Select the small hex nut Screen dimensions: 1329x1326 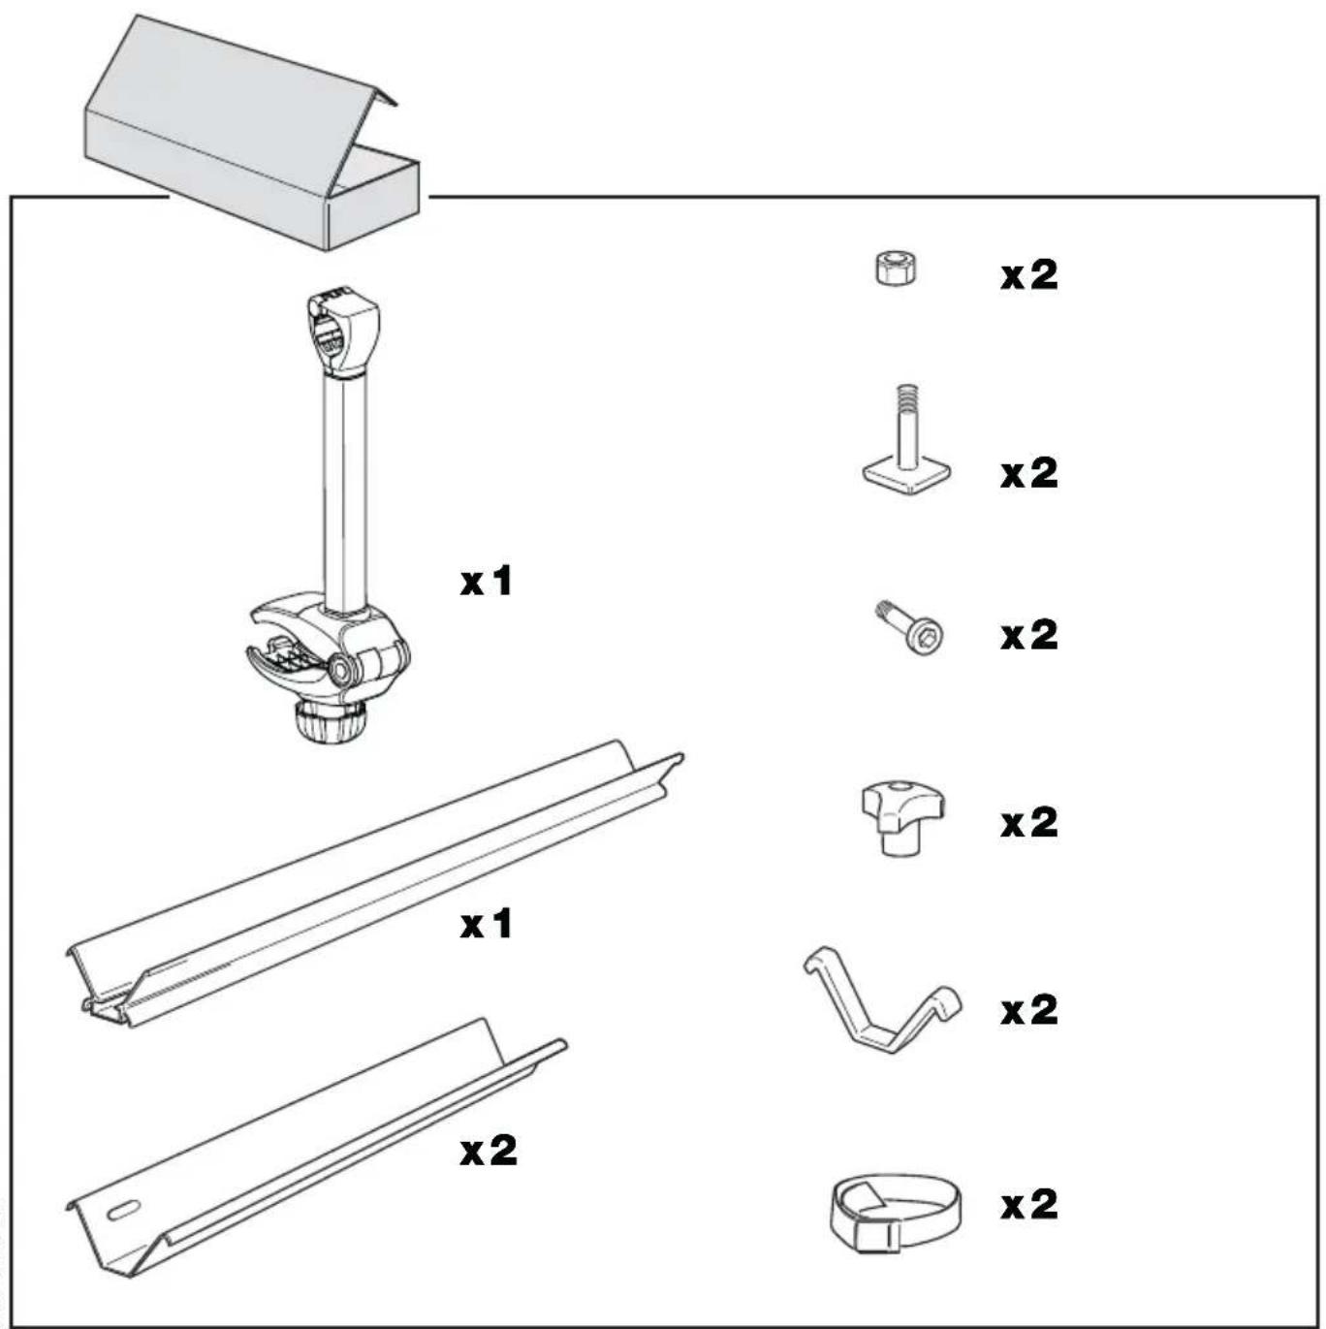(x=896, y=269)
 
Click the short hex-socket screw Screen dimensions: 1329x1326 (x=915, y=632)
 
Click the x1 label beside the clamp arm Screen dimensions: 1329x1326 (x=486, y=582)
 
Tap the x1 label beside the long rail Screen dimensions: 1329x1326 (x=486, y=924)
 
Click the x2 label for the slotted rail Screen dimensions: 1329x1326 (x=489, y=1151)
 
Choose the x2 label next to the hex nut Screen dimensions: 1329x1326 (x=1029, y=275)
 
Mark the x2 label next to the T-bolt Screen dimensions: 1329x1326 (x=1029, y=473)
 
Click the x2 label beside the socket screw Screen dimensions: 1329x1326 (x=1029, y=635)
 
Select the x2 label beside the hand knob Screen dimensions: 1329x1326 (x=1029, y=822)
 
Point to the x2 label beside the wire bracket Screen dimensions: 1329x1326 (x=1029, y=1010)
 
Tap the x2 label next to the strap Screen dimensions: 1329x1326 (x=1029, y=1204)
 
